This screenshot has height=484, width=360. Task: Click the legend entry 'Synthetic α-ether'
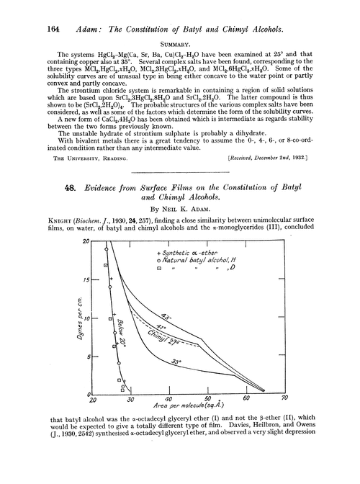tap(189, 254)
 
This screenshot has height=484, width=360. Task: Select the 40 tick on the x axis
tap(167, 398)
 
